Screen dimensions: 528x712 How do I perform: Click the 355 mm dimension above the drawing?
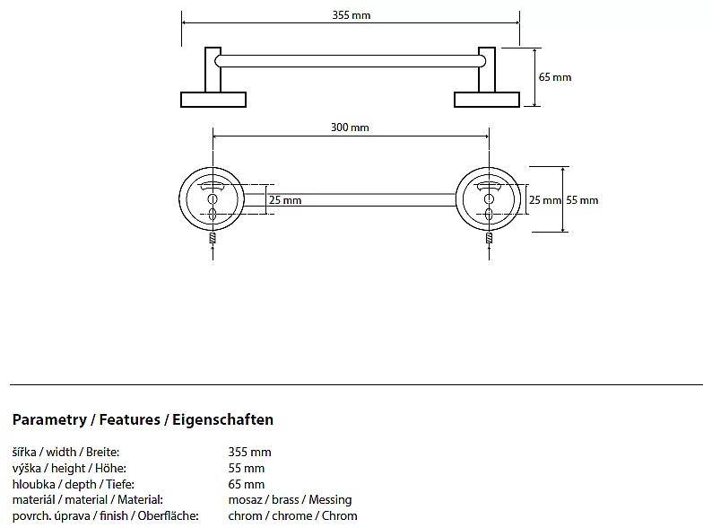click(351, 15)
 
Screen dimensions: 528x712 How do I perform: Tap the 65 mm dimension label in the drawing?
click(554, 77)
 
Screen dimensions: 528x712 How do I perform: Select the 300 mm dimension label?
click(350, 128)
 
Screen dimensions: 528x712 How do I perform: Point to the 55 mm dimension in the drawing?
click(583, 200)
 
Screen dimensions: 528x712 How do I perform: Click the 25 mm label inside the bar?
click(285, 200)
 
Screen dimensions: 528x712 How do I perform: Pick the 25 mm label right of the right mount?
click(544, 200)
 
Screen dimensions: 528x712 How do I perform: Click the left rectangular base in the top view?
click(213, 100)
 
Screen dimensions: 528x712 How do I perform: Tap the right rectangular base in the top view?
click(487, 100)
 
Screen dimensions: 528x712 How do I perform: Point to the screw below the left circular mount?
click(213, 241)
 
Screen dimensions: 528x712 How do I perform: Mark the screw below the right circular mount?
click(489, 241)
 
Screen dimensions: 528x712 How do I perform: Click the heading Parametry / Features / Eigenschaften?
click(143, 419)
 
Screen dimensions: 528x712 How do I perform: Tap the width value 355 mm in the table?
click(249, 452)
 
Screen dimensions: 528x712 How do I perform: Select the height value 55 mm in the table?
click(247, 468)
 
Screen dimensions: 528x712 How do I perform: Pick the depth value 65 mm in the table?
click(247, 484)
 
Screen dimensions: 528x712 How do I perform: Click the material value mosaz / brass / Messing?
click(290, 499)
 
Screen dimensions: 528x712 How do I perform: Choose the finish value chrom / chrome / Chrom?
click(292, 515)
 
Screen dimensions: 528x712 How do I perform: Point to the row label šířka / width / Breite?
click(65, 452)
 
